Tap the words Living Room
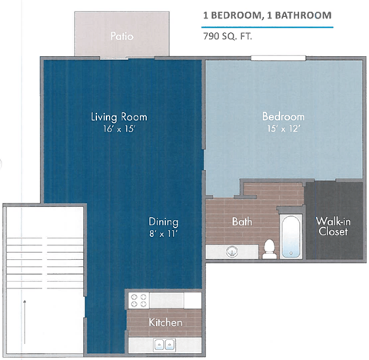(118, 117)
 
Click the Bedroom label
(278, 116)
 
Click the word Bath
(242, 222)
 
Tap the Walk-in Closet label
(333, 225)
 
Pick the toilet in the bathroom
(269, 248)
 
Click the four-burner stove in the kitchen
(139, 299)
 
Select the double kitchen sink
(164, 344)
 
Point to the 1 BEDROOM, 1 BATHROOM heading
(267, 15)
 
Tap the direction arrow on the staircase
(25, 315)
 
